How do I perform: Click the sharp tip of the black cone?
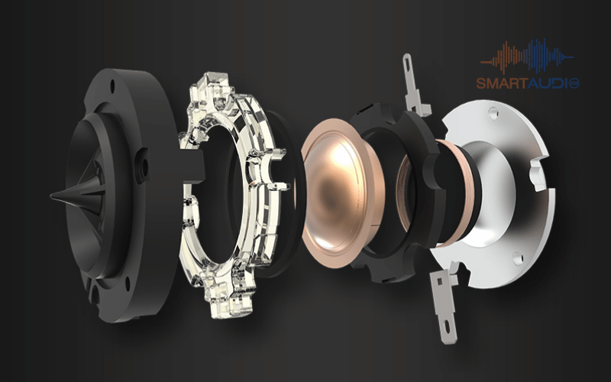point(51,196)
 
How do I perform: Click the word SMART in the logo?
point(501,83)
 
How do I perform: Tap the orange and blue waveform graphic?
point(527,57)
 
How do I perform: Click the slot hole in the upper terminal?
point(408,62)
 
